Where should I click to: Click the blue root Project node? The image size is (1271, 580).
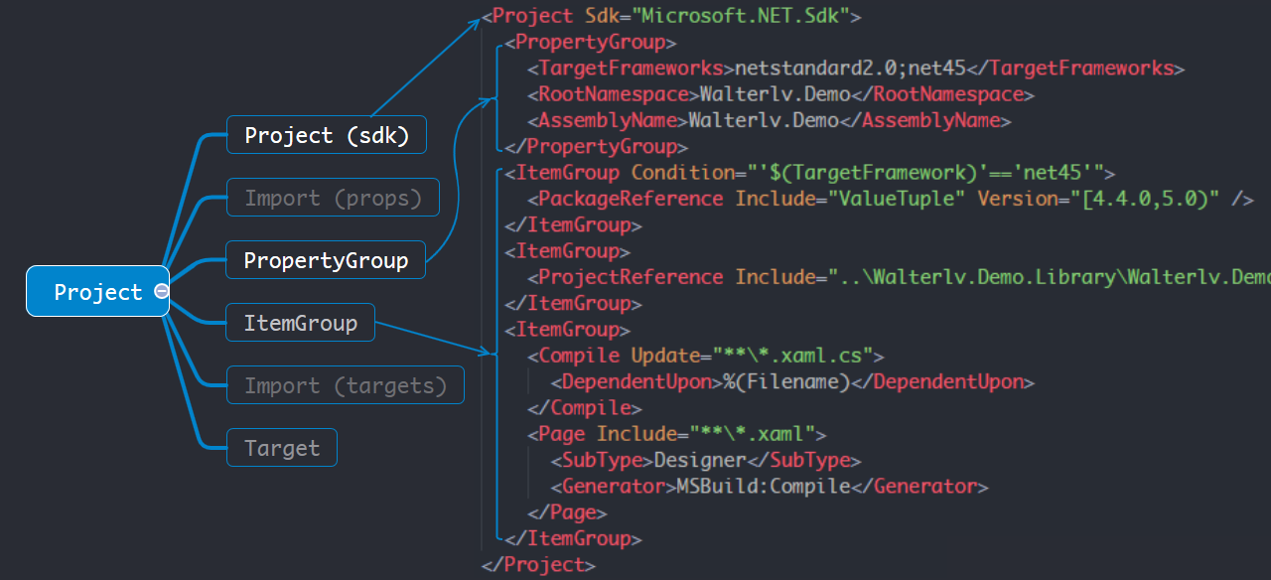click(x=97, y=291)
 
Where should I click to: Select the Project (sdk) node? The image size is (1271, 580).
click(x=327, y=135)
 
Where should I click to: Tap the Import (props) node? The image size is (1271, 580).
click(x=333, y=198)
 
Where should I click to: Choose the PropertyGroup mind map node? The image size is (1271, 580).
click(x=326, y=260)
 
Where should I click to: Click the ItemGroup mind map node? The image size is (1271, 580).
click(x=300, y=323)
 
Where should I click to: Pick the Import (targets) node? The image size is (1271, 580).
click(x=346, y=385)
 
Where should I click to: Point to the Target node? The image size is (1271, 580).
click(x=282, y=448)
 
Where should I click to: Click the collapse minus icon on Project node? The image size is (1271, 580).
click(x=161, y=291)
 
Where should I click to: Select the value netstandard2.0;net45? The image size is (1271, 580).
click(x=849, y=69)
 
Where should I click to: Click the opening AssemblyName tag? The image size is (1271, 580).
click(x=607, y=120)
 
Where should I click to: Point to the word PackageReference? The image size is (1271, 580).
click(x=631, y=199)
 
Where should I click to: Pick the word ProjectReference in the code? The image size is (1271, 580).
click(x=631, y=277)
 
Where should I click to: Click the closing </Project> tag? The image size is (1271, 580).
click(x=538, y=565)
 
